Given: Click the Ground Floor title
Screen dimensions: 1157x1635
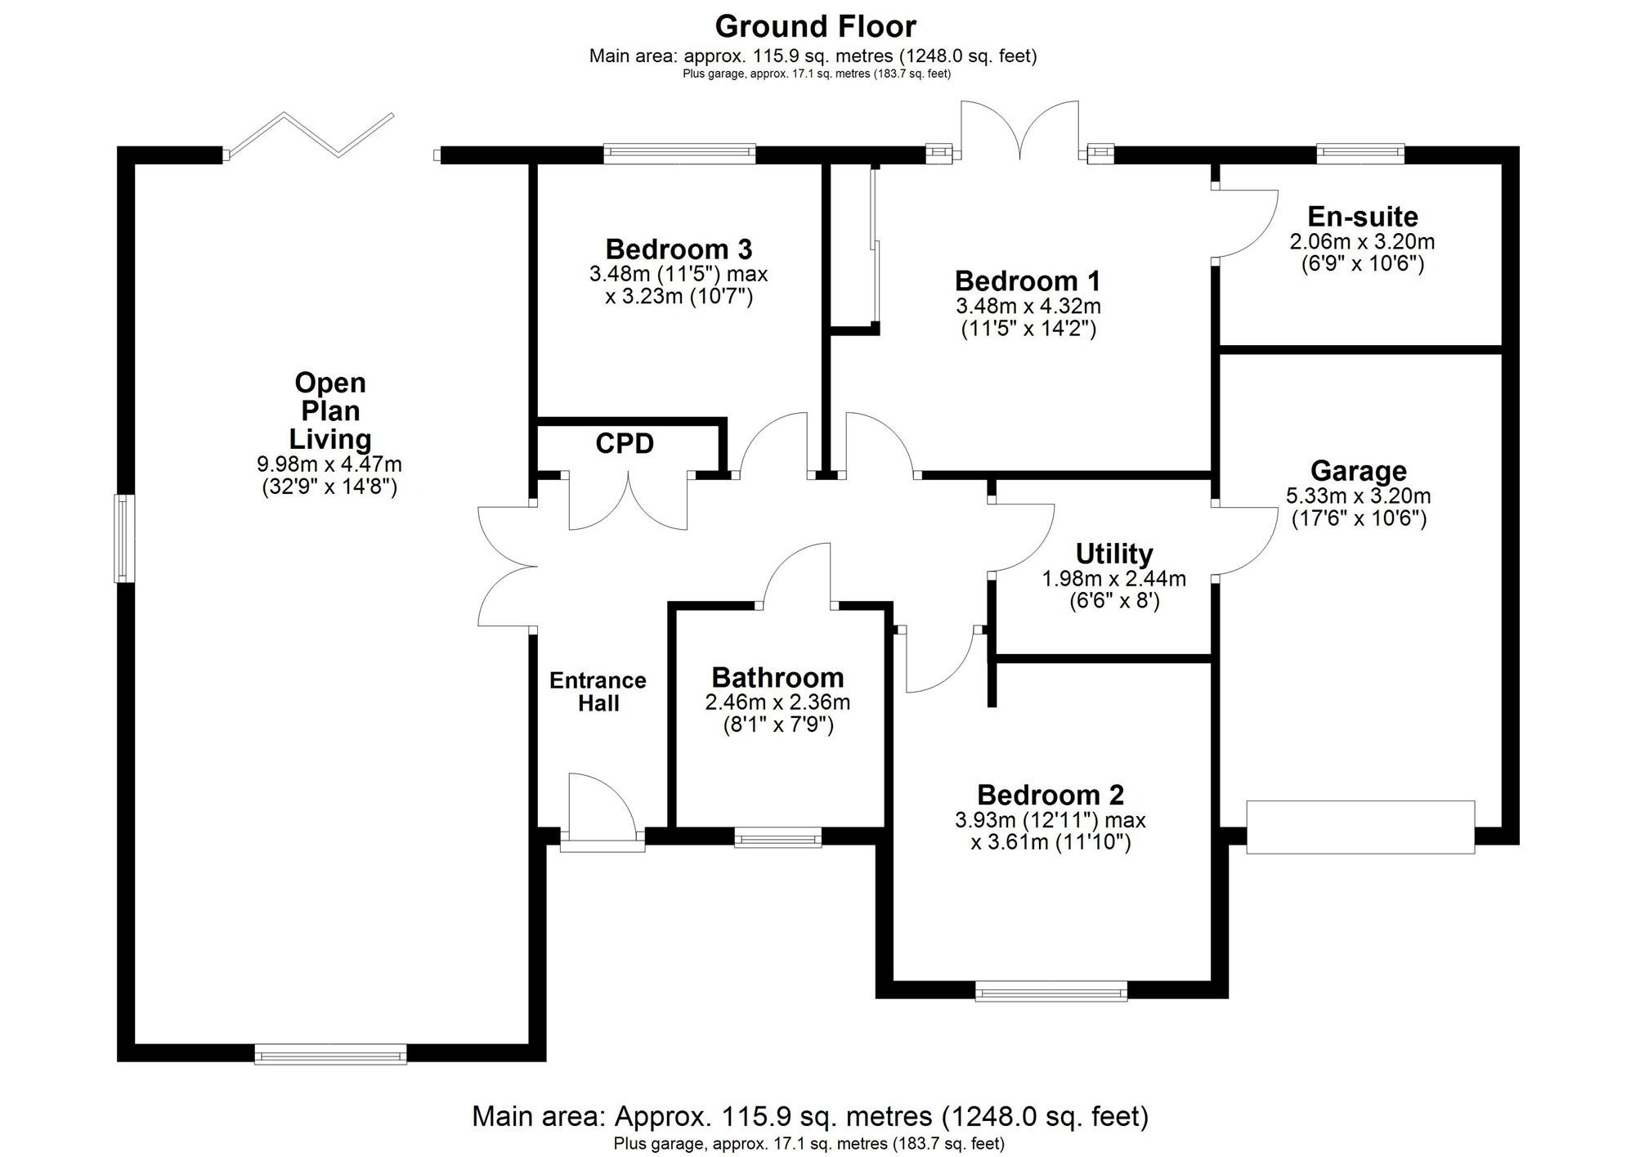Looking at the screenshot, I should (815, 26).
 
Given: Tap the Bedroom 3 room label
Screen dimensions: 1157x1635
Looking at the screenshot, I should (679, 249).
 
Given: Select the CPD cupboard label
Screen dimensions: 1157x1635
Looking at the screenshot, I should (625, 444).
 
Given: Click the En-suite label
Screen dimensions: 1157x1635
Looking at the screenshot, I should (1362, 217).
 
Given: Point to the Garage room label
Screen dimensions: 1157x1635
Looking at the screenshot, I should (1358, 471).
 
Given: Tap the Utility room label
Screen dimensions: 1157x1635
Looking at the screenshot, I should (1113, 554).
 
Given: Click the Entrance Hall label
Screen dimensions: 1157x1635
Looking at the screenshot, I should (598, 692).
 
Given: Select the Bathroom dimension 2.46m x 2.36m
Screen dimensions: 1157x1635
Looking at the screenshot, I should (777, 702).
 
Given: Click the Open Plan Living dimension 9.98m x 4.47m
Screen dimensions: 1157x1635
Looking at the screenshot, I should (329, 465).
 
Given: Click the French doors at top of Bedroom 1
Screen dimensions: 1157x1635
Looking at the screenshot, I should (1020, 131).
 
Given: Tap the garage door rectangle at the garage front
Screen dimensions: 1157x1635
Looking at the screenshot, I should (1360, 827).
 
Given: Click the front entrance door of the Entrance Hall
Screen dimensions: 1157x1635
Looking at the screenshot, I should (601, 809).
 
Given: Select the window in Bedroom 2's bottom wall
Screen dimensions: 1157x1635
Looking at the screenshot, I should (1050, 991).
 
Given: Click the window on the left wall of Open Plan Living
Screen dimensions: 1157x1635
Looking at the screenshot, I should (123, 538).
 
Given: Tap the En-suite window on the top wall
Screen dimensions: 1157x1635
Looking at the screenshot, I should (1360, 154).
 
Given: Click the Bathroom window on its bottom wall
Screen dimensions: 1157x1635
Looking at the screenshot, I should (777, 836).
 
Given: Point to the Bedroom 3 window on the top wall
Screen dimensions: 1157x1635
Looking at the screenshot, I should (679, 154).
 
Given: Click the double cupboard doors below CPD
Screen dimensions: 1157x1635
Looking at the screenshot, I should (628, 500).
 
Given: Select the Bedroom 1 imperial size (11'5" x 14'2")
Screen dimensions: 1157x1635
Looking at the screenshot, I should (1028, 329).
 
